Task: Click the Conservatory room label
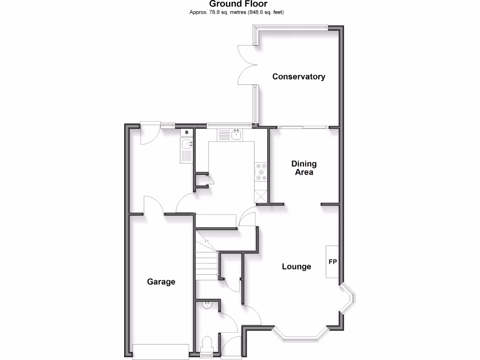tap(299, 77)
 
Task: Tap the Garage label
tap(161, 282)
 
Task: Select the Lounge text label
tap(296, 267)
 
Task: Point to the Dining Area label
tap(304, 168)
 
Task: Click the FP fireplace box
tap(333, 262)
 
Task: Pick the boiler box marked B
tap(187, 133)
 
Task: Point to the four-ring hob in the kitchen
tap(260, 172)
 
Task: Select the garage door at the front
tap(161, 350)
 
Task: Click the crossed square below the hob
tap(260, 196)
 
